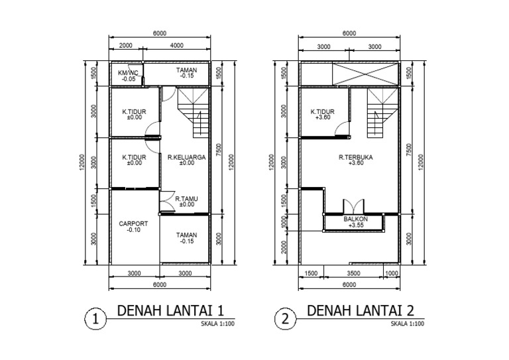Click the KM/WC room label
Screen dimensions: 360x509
coord(127,72)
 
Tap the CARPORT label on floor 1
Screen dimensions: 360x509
coord(133,224)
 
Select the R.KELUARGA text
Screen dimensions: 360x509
coord(186,158)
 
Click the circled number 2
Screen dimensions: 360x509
coord(286,319)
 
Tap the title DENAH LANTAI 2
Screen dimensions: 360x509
coord(361,310)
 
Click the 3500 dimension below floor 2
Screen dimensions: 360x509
coord(353,272)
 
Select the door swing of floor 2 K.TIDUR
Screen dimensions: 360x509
coord(343,129)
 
